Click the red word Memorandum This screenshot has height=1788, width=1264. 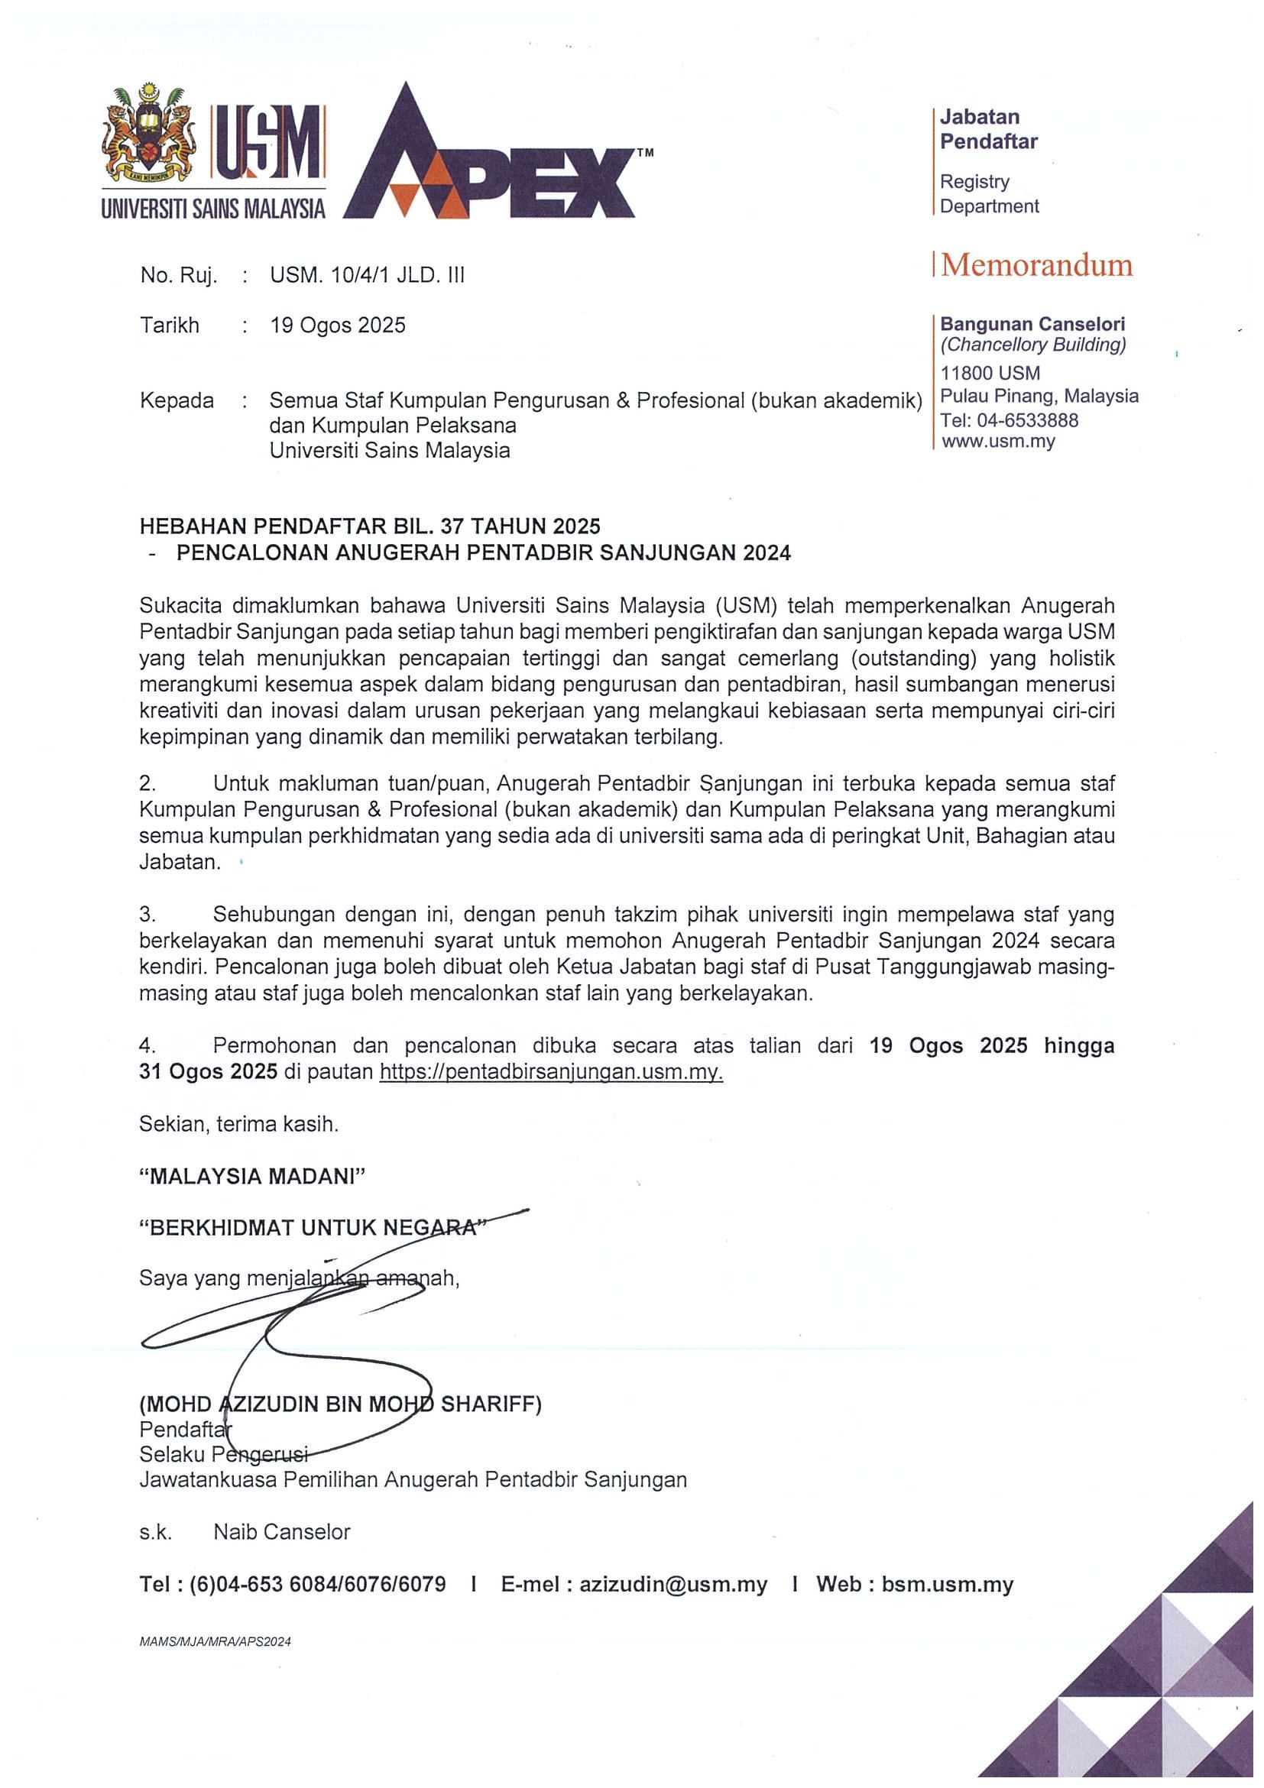[x=1036, y=266]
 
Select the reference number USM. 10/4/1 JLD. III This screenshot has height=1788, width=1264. [x=367, y=275]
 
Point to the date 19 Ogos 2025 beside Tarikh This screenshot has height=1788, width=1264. [x=337, y=325]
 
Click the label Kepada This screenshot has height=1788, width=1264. [x=177, y=400]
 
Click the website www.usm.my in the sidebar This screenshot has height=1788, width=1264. [x=997, y=442]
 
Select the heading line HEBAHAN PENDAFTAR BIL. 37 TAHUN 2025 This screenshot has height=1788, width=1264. [x=370, y=526]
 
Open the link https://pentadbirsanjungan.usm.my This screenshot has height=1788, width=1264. [x=551, y=1071]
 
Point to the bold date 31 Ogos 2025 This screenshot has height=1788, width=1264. [x=208, y=1071]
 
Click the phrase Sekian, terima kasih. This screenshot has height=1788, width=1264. [x=239, y=1124]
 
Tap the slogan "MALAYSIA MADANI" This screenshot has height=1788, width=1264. [x=252, y=1176]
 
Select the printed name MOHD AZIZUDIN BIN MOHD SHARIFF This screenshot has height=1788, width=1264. [x=340, y=1404]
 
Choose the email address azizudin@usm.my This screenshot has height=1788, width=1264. [x=673, y=1584]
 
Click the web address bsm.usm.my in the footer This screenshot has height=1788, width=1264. [x=947, y=1584]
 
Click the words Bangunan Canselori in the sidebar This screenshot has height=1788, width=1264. [x=1032, y=323]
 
